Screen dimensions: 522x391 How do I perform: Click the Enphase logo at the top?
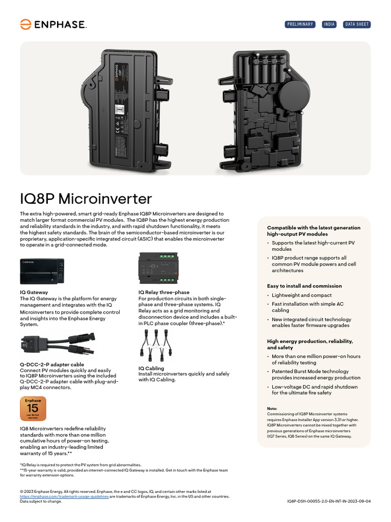(x=53, y=24)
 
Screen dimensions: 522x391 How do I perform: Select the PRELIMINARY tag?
(x=300, y=24)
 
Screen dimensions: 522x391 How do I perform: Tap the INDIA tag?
(x=329, y=24)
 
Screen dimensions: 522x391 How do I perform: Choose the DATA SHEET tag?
(x=357, y=24)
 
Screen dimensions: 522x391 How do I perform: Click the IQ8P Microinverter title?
(x=86, y=198)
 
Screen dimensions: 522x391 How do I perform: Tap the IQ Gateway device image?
(x=42, y=271)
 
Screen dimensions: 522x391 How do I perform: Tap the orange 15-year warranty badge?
(x=33, y=409)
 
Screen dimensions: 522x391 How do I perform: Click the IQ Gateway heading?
(x=34, y=293)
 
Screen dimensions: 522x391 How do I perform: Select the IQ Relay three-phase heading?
(x=163, y=293)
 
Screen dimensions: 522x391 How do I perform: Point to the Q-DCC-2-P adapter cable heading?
(x=52, y=364)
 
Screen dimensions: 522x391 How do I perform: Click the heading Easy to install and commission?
(x=304, y=286)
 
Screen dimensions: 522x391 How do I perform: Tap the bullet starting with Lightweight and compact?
(x=301, y=295)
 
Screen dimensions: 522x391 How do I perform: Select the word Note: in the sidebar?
(x=272, y=409)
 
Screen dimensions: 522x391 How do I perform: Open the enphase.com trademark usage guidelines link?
(x=64, y=496)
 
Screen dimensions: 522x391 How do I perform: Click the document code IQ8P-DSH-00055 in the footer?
(x=329, y=501)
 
